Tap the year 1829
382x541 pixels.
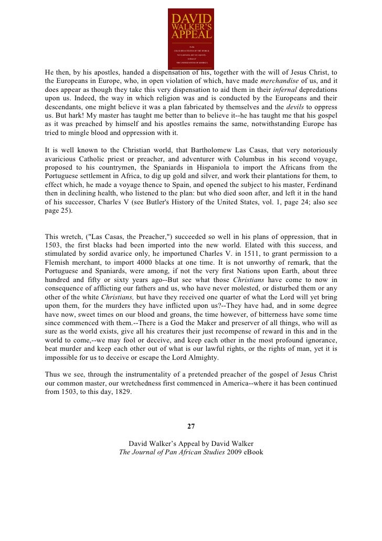coord(122,392)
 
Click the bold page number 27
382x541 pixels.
coord(191,426)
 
